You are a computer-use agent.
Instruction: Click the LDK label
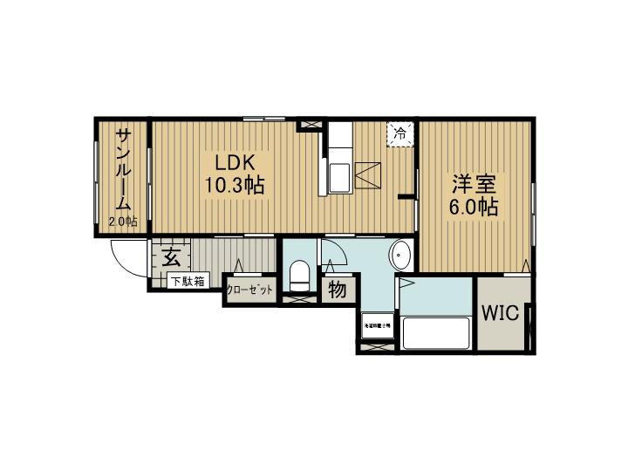pyautogui.click(x=230, y=163)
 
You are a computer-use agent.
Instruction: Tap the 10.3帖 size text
pyautogui.click(x=235, y=186)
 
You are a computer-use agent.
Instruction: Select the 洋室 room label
pyautogui.click(x=474, y=185)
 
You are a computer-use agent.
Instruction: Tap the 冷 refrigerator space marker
pyautogui.click(x=399, y=134)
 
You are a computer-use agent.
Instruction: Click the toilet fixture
pyautogui.click(x=300, y=276)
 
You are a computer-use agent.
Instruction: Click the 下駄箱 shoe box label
pyautogui.click(x=187, y=282)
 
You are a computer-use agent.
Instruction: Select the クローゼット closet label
pyautogui.click(x=250, y=290)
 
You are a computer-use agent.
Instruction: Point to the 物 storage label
pyautogui.click(x=337, y=289)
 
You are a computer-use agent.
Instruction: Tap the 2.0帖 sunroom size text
pyautogui.click(x=123, y=222)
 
